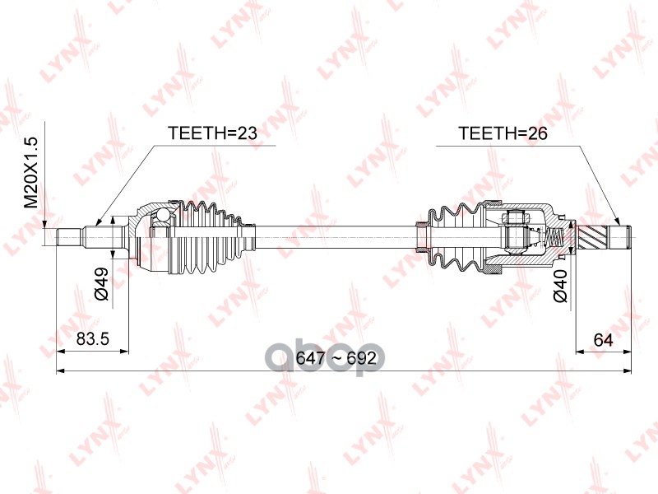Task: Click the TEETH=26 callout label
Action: click(x=503, y=133)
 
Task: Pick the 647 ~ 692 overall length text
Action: click(x=329, y=359)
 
